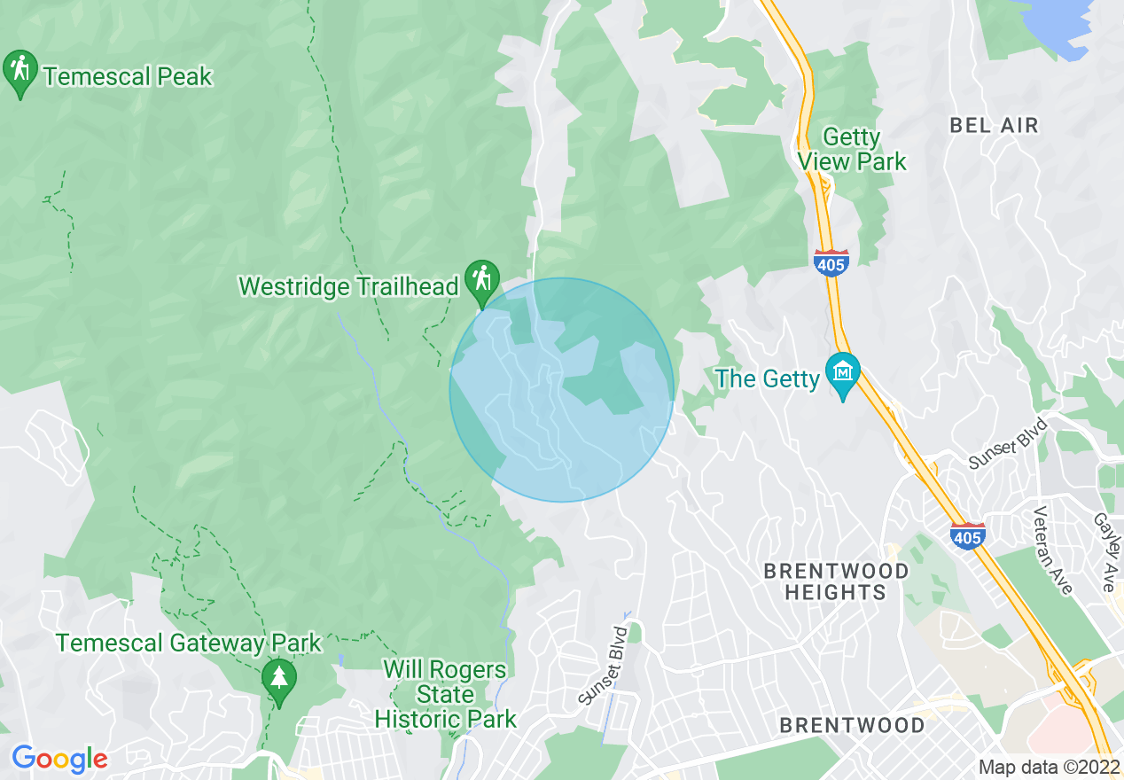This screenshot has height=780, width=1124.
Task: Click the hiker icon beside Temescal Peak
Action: [20, 73]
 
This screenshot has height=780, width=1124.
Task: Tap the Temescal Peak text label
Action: [128, 77]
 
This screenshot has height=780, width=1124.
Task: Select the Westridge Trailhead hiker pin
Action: [481, 280]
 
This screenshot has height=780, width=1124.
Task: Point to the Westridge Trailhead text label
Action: [348, 286]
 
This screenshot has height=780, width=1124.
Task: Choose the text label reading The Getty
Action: [768, 379]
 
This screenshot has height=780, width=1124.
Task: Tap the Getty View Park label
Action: [852, 150]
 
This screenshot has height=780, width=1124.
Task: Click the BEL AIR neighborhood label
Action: [994, 126]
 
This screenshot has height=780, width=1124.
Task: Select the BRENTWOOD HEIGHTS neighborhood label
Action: [837, 581]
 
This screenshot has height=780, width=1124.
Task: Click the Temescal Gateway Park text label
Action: [189, 643]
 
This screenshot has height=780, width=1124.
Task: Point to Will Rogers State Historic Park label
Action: [445, 694]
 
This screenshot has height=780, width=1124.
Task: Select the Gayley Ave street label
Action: [1104, 552]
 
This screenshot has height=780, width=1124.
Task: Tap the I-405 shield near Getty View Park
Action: [831, 262]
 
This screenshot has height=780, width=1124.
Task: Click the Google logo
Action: [59, 759]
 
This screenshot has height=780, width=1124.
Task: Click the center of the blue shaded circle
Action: [562, 390]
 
